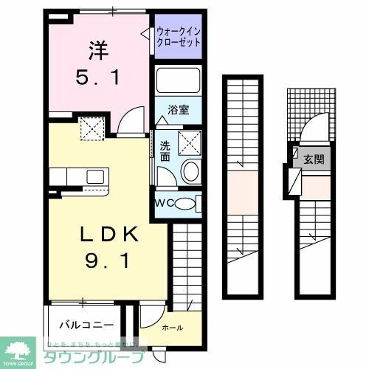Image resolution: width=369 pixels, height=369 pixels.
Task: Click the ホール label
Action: (x=171, y=327)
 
